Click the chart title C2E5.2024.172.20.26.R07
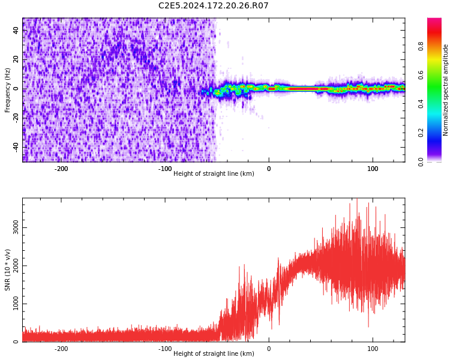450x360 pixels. (214, 6)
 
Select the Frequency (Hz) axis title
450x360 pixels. (8, 90)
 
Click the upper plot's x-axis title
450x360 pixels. (214, 174)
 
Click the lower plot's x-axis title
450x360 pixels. (214, 354)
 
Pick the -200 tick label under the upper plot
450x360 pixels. (61, 169)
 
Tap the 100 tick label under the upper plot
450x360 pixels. (373, 169)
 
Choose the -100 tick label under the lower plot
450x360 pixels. (165, 349)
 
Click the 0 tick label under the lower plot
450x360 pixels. (269, 349)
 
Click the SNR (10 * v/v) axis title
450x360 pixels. (8, 270)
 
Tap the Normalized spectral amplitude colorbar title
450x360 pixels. (446, 90)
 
